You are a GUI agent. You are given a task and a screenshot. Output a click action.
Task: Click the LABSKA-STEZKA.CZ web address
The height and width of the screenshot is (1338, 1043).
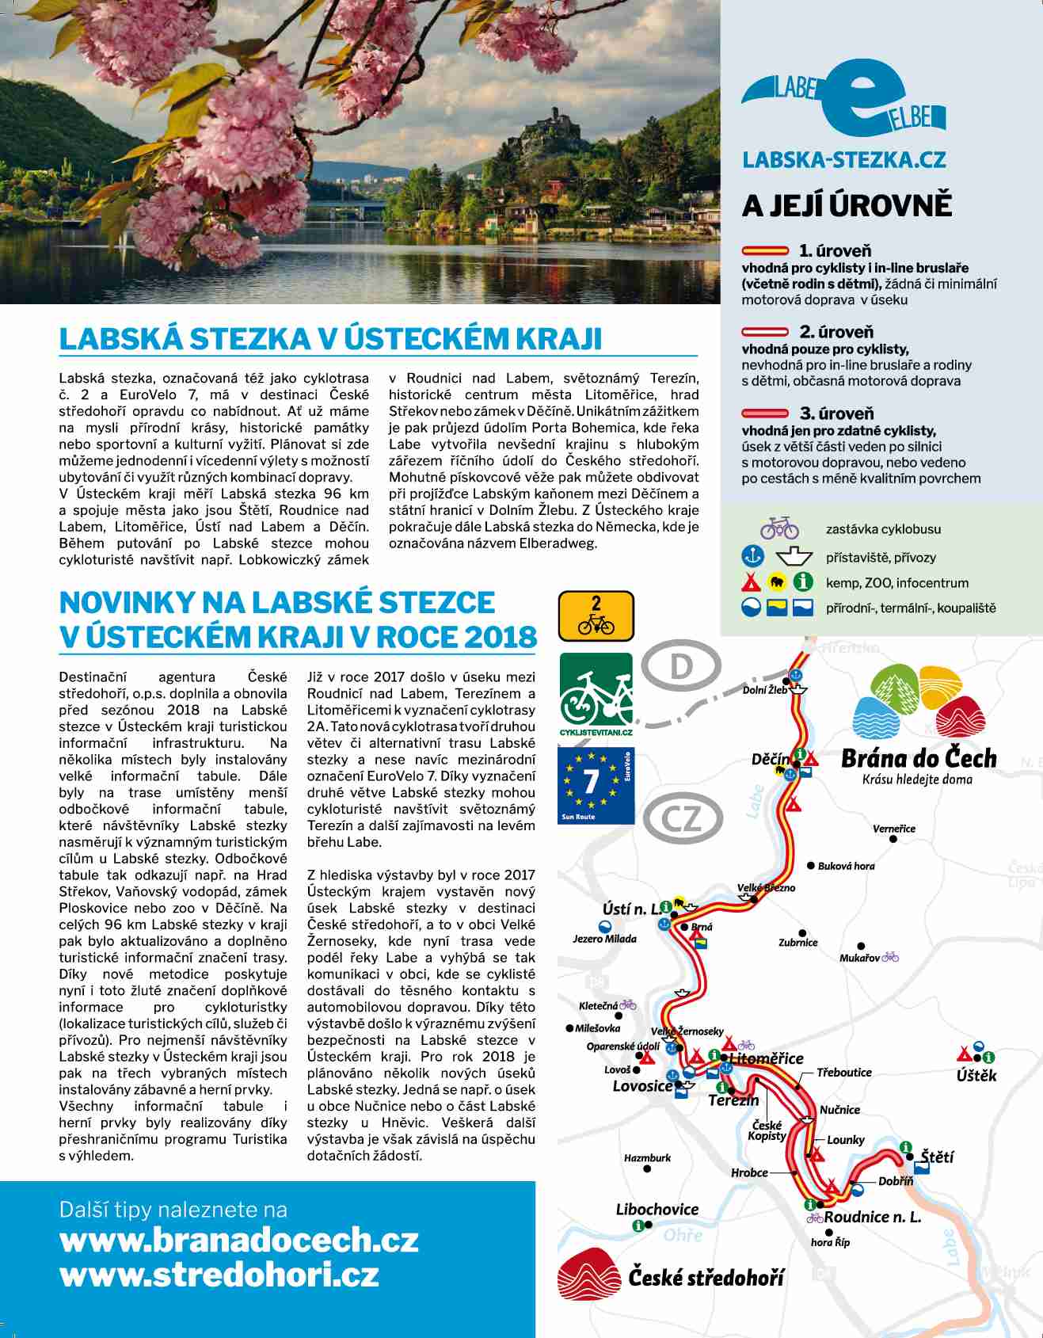click(844, 159)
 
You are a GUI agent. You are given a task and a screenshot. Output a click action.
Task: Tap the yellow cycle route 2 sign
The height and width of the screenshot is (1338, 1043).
click(596, 616)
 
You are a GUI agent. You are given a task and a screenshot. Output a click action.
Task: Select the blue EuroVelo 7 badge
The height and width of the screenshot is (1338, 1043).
click(596, 786)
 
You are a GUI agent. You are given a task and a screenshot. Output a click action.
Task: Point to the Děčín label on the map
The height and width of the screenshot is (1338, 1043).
click(770, 760)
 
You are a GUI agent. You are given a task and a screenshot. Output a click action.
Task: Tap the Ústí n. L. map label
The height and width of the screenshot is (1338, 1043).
click(630, 909)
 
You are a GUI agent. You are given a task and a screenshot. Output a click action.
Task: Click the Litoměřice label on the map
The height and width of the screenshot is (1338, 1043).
click(766, 1058)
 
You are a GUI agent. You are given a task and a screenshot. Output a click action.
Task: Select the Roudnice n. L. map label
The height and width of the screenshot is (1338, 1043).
click(873, 1217)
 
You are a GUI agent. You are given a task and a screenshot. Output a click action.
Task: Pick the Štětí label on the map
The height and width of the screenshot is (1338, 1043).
click(937, 1157)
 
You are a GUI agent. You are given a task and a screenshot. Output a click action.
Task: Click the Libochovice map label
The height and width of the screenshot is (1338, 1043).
click(657, 1209)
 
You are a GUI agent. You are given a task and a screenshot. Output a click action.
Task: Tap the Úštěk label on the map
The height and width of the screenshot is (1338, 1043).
click(976, 1076)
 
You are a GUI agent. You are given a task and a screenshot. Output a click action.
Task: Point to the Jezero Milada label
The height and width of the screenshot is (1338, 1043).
click(604, 939)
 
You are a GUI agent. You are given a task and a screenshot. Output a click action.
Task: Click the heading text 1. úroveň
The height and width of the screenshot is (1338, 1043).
click(835, 251)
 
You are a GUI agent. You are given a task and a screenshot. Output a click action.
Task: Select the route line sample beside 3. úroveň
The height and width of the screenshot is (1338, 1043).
click(765, 414)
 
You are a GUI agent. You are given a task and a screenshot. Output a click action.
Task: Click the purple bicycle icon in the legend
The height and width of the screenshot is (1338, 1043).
click(779, 528)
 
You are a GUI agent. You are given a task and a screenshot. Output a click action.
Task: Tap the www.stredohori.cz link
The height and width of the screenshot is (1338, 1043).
click(219, 1275)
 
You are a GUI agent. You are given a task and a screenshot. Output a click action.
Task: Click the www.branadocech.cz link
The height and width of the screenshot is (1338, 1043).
click(238, 1240)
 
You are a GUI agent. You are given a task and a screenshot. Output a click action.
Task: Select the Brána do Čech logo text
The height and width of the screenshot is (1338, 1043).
click(919, 759)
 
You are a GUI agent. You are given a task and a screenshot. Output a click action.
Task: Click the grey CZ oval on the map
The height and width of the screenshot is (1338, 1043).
click(682, 819)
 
